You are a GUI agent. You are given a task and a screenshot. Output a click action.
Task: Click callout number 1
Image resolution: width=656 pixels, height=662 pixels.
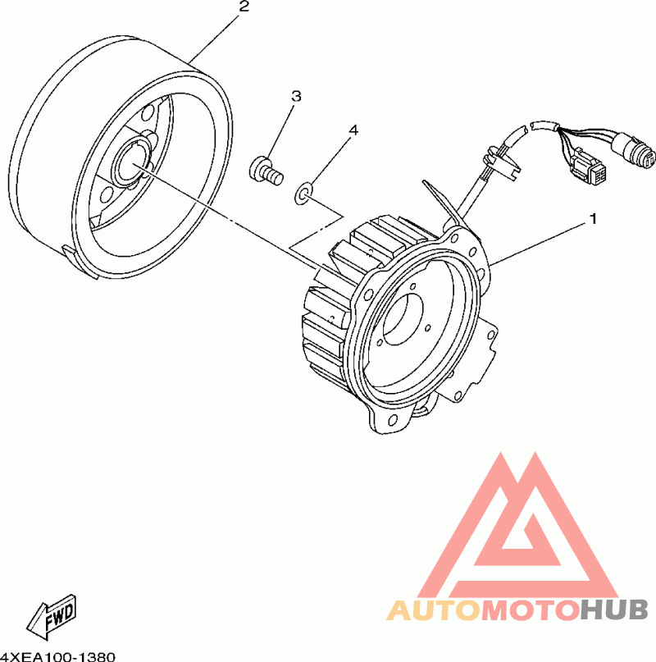point(593,219)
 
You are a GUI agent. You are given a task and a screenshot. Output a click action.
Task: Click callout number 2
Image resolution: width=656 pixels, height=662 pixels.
point(244,7)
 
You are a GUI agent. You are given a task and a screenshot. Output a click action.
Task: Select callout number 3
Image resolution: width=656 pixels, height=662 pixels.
point(296,96)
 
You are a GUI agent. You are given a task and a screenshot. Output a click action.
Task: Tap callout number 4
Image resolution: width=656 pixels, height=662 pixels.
point(353,130)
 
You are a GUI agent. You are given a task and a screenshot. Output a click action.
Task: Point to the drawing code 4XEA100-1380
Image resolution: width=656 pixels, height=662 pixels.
point(58,656)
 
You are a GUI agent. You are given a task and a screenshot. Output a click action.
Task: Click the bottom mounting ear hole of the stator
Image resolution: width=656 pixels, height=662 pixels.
point(392,420)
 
